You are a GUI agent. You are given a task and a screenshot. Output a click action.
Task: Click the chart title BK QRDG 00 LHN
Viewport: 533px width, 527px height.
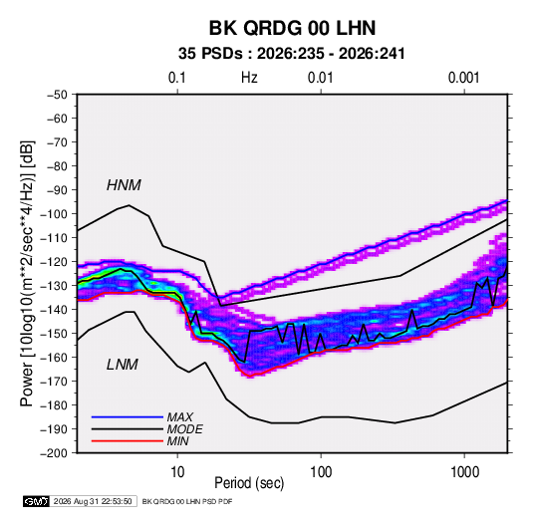point(292,28)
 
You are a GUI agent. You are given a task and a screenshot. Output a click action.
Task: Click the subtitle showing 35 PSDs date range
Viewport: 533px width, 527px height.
point(292,54)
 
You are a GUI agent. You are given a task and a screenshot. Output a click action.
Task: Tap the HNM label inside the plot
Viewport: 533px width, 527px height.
point(124,185)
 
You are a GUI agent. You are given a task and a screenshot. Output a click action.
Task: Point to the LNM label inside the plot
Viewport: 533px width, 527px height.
point(123,365)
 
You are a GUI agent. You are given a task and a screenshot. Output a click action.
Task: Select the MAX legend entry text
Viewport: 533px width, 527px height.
point(180,416)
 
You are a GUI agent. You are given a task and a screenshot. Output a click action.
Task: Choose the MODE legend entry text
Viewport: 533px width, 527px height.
point(185,429)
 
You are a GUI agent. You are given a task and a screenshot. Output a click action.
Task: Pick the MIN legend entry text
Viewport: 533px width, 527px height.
point(177,441)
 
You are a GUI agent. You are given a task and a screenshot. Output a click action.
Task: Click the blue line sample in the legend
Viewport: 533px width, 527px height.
point(128,416)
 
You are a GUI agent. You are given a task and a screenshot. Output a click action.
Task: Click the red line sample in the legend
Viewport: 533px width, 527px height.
point(128,441)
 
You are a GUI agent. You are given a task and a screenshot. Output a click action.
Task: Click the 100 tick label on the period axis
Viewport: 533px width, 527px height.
point(321,472)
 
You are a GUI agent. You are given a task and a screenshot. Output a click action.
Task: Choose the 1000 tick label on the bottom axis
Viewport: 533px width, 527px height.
point(464,472)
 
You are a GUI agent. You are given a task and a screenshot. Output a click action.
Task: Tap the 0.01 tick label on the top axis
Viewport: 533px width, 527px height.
point(321,78)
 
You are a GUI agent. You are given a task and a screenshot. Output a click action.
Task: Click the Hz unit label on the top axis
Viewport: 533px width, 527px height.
point(249,78)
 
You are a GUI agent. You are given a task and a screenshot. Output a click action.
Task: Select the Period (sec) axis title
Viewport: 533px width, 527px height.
point(249,483)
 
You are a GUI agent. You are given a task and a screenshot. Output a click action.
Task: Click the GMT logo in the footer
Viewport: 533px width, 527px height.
point(37,501)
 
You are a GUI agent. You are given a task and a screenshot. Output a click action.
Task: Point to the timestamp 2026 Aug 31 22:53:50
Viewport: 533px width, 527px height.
point(93,501)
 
